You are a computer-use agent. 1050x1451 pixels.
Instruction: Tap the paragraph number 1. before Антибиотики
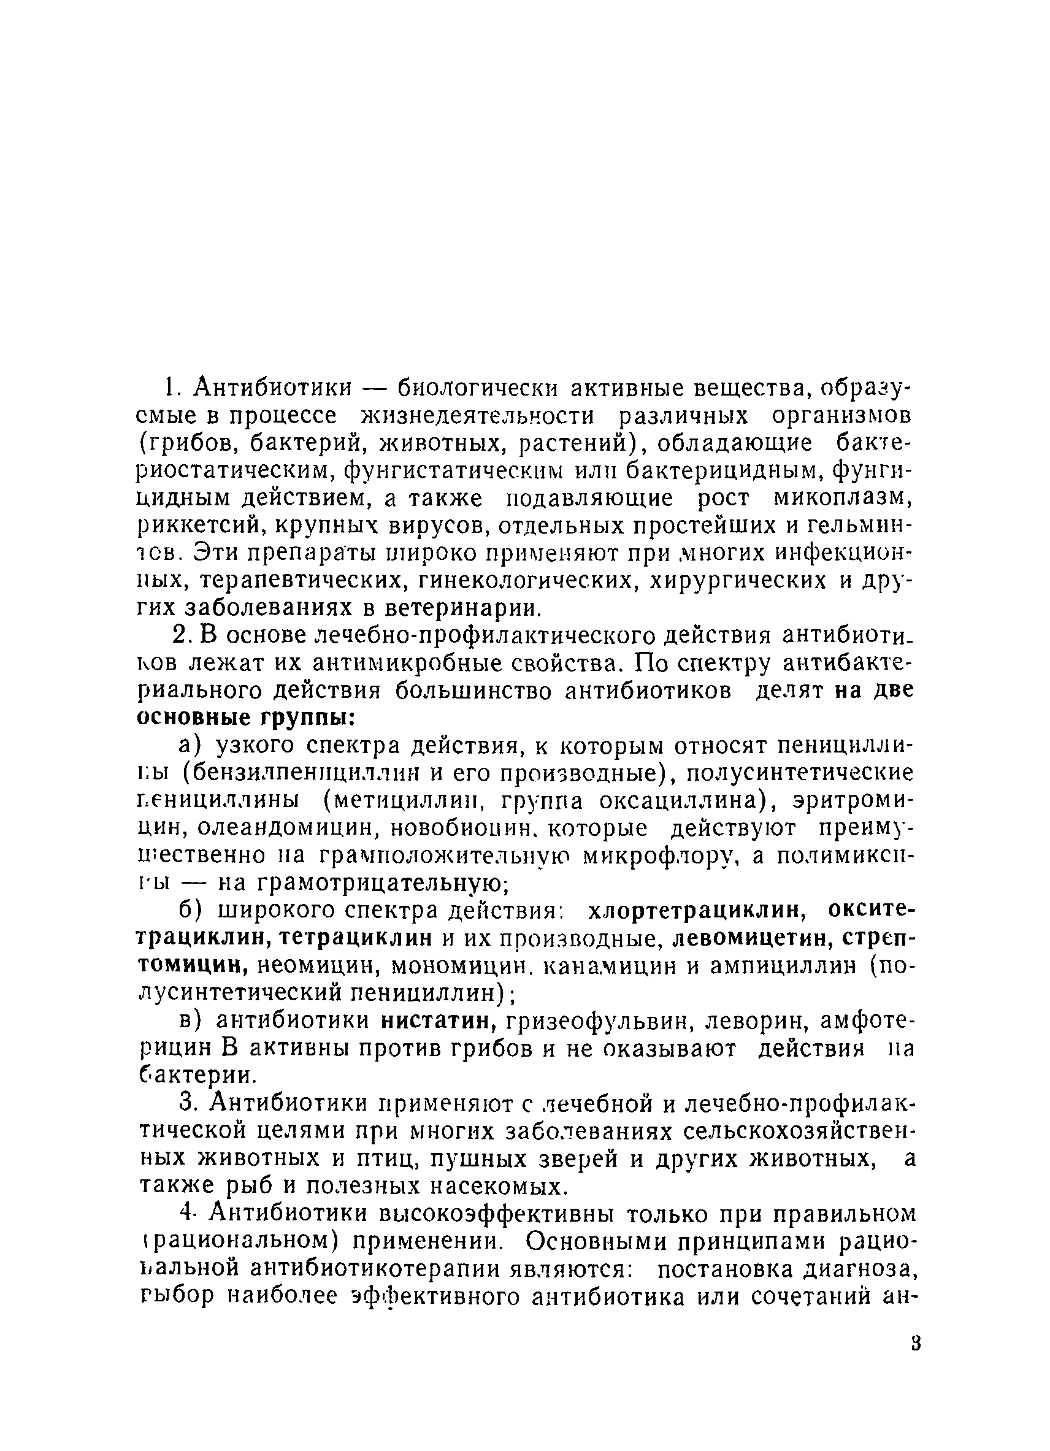coord(169,387)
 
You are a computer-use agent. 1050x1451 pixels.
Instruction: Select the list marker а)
coord(190,746)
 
